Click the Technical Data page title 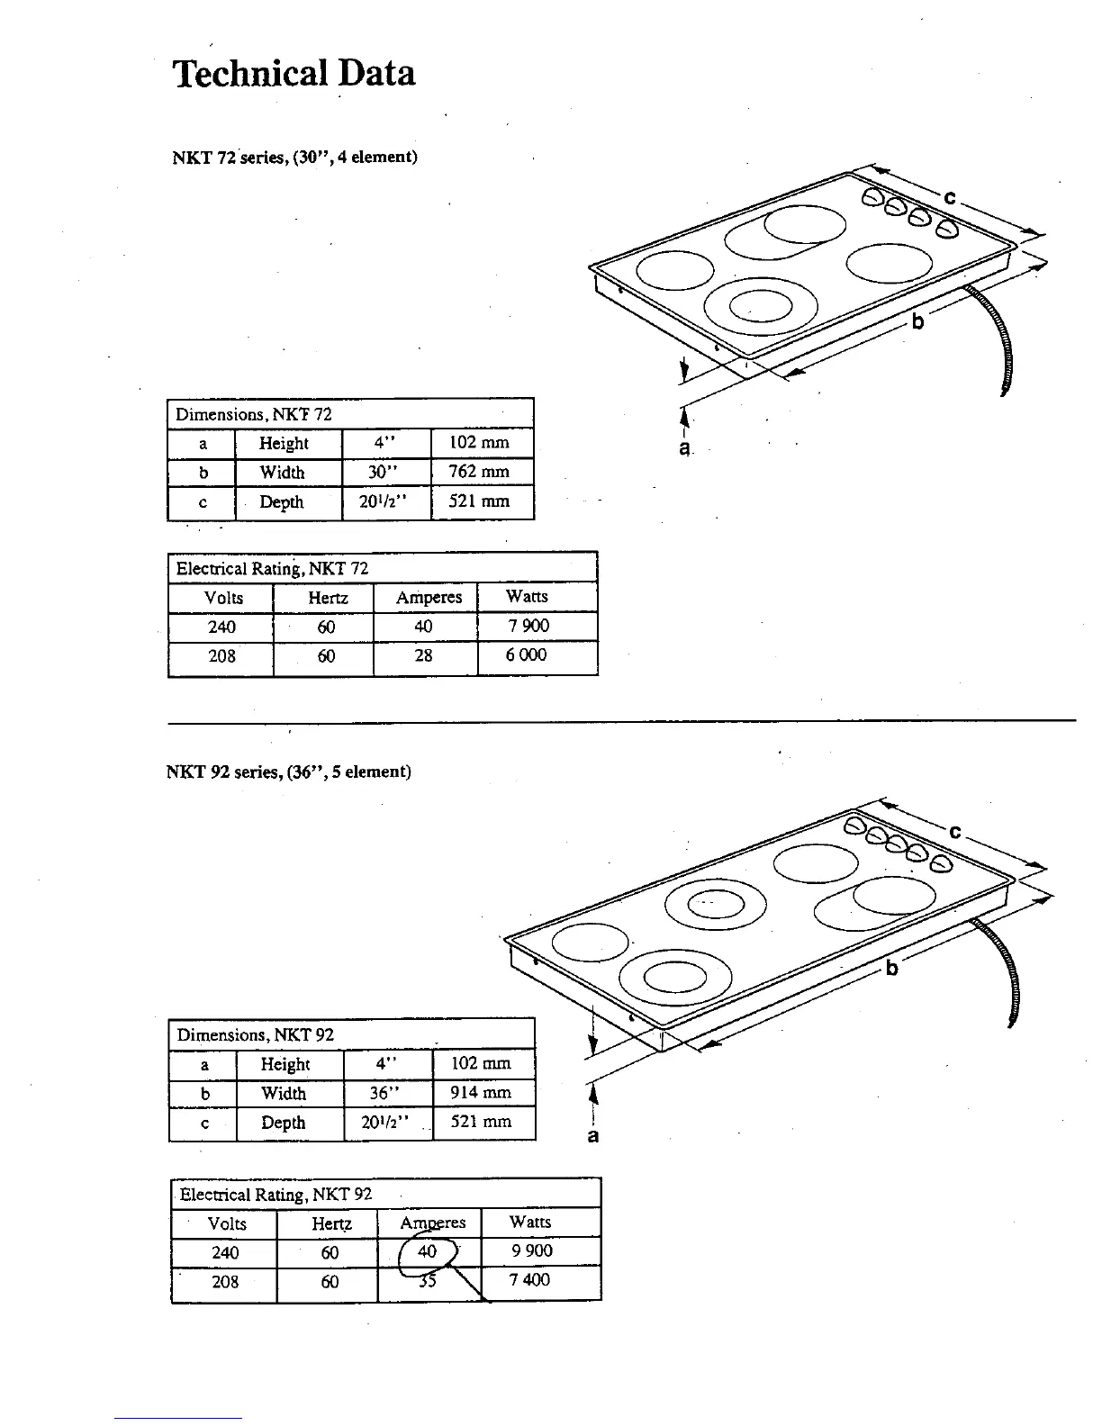[x=294, y=73]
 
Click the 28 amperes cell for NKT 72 [x=423, y=655]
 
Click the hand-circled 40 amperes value [x=428, y=1251]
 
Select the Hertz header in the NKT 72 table [x=328, y=598]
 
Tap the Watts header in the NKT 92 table [x=529, y=1222]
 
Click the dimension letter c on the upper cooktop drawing [x=951, y=198]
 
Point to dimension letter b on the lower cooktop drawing [x=892, y=968]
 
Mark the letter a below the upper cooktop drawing [x=685, y=447]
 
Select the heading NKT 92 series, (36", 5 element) [x=288, y=772]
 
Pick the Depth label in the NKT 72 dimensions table [x=282, y=502]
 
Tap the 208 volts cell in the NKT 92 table [x=225, y=1281]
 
